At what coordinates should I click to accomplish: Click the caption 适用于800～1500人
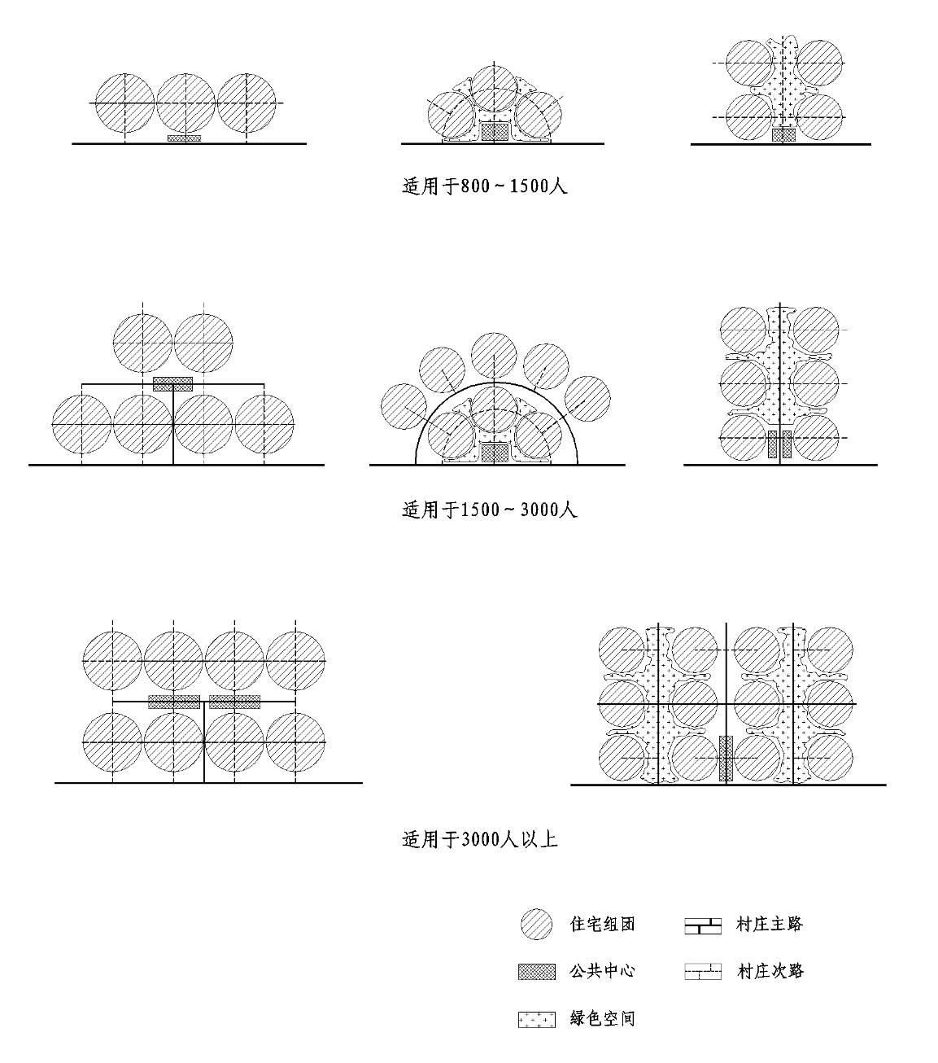pyautogui.click(x=484, y=186)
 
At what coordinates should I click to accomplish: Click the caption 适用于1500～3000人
pyautogui.click(x=489, y=510)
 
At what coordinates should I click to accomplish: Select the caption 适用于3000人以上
pyautogui.click(x=479, y=839)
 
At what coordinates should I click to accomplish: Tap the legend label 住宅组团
pyautogui.click(x=602, y=924)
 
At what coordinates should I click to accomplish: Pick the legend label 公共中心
pyautogui.click(x=602, y=971)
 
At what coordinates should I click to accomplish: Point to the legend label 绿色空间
pyautogui.click(x=602, y=1018)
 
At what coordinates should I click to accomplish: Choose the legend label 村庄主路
pyautogui.click(x=770, y=924)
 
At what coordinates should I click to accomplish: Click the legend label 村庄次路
pyautogui.click(x=770, y=971)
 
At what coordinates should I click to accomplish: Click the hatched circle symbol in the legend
pyautogui.click(x=536, y=925)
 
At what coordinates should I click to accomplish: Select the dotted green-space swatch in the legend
pyautogui.click(x=536, y=1019)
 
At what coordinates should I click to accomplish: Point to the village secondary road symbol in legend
pyautogui.click(x=703, y=971)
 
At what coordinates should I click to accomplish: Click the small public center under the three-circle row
pyautogui.click(x=185, y=138)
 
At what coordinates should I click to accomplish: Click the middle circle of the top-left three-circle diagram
pyautogui.click(x=185, y=103)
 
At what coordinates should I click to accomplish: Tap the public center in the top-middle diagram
pyautogui.click(x=495, y=132)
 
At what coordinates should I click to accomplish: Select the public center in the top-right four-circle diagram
pyautogui.click(x=783, y=135)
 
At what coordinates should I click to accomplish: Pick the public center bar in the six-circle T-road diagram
pyautogui.click(x=173, y=383)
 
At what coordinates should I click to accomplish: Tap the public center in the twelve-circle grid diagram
pyautogui.click(x=726, y=759)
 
